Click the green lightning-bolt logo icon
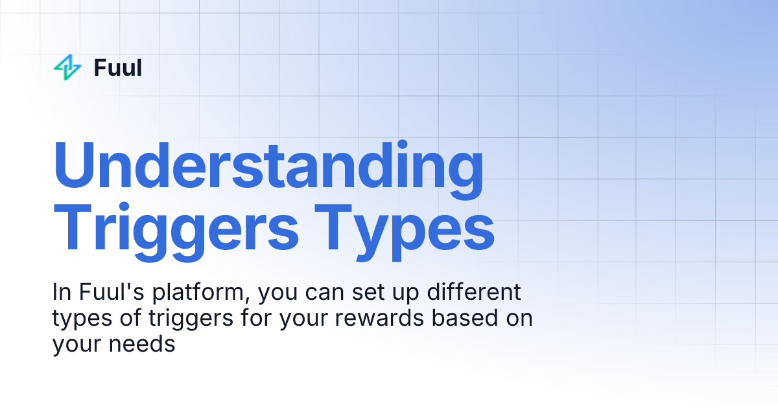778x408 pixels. pyautogui.click(x=67, y=67)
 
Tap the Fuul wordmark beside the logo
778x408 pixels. pyautogui.click(x=117, y=67)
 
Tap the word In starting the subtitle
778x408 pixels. pyautogui.click(x=62, y=292)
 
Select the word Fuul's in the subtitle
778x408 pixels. pyautogui.click(x=110, y=292)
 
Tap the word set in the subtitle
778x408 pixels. pyautogui.click(x=371, y=293)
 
